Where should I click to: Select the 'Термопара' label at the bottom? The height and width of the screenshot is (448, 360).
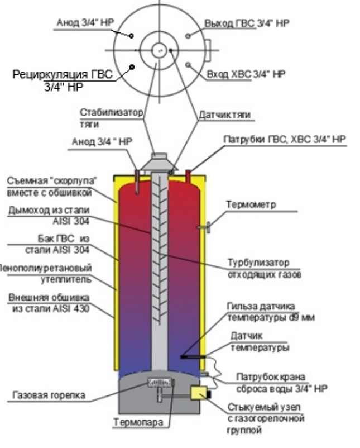coord(138,422)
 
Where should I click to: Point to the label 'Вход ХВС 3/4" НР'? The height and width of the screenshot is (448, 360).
coord(246,74)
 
